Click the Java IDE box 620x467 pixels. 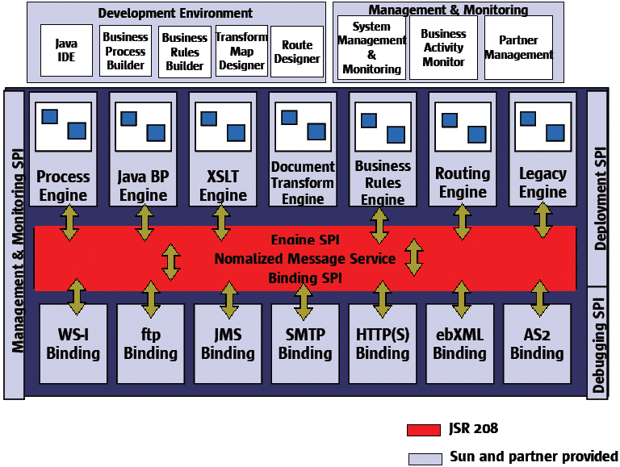pyautogui.click(x=66, y=50)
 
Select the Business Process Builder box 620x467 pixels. pyautogui.click(x=126, y=50)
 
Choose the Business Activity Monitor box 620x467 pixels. pyautogui.click(x=443, y=48)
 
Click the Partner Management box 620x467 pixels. pyautogui.click(x=518, y=48)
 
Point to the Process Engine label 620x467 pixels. pyautogui.click(x=63, y=186)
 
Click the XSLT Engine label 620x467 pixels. pyautogui.click(x=223, y=186)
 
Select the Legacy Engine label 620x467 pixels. pyautogui.click(x=542, y=183)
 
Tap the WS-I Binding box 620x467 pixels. pyautogui.click(x=73, y=344)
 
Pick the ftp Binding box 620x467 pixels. pyautogui.click(x=150, y=344)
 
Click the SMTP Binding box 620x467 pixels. pyautogui.click(x=305, y=344)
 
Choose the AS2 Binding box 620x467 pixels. pyautogui.click(x=537, y=344)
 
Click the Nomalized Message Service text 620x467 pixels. pyautogui.click(x=304, y=259)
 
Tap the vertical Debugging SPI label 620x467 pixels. pyautogui.click(x=599, y=342)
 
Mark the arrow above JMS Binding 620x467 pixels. pyautogui.click(x=229, y=298)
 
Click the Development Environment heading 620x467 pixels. pyautogui.click(x=175, y=13)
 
